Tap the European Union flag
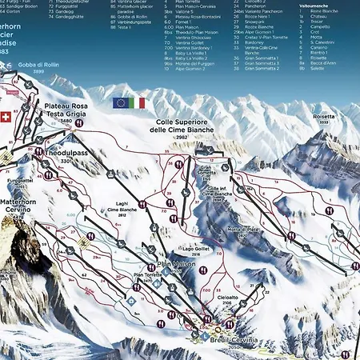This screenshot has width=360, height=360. click(122, 102)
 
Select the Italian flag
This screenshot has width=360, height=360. click(138, 102)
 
